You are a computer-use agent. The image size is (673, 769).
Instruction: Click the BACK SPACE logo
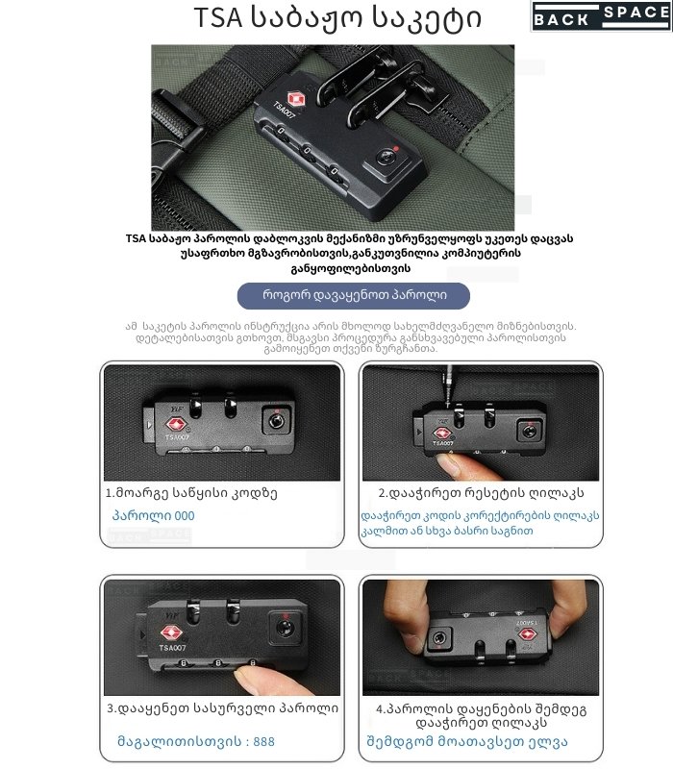point(602,16)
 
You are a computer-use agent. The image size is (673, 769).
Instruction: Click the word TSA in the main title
point(218,17)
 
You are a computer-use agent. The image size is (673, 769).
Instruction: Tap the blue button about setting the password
point(353,296)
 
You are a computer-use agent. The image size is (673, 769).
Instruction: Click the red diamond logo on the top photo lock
point(296,99)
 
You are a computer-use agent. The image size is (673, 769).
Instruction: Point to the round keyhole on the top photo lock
point(386,158)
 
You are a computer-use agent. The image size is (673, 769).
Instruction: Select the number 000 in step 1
point(185,516)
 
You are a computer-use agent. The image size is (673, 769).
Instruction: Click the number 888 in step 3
point(263,741)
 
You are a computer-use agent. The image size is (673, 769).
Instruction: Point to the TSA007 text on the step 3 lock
point(172,648)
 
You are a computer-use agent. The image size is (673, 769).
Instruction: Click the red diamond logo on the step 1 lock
point(175,424)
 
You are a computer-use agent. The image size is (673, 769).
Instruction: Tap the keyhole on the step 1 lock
point(276,421)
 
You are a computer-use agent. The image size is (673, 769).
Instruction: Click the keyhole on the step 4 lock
point(439,638)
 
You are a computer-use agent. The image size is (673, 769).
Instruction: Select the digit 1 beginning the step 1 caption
point(109,493)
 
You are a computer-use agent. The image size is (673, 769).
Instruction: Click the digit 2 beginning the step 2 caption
point(382,493)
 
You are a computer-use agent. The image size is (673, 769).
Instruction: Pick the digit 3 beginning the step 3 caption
point(111,708)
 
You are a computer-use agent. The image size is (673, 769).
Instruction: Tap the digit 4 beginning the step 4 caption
point(380,709)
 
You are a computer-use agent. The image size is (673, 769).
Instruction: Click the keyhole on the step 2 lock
point(529,432)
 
